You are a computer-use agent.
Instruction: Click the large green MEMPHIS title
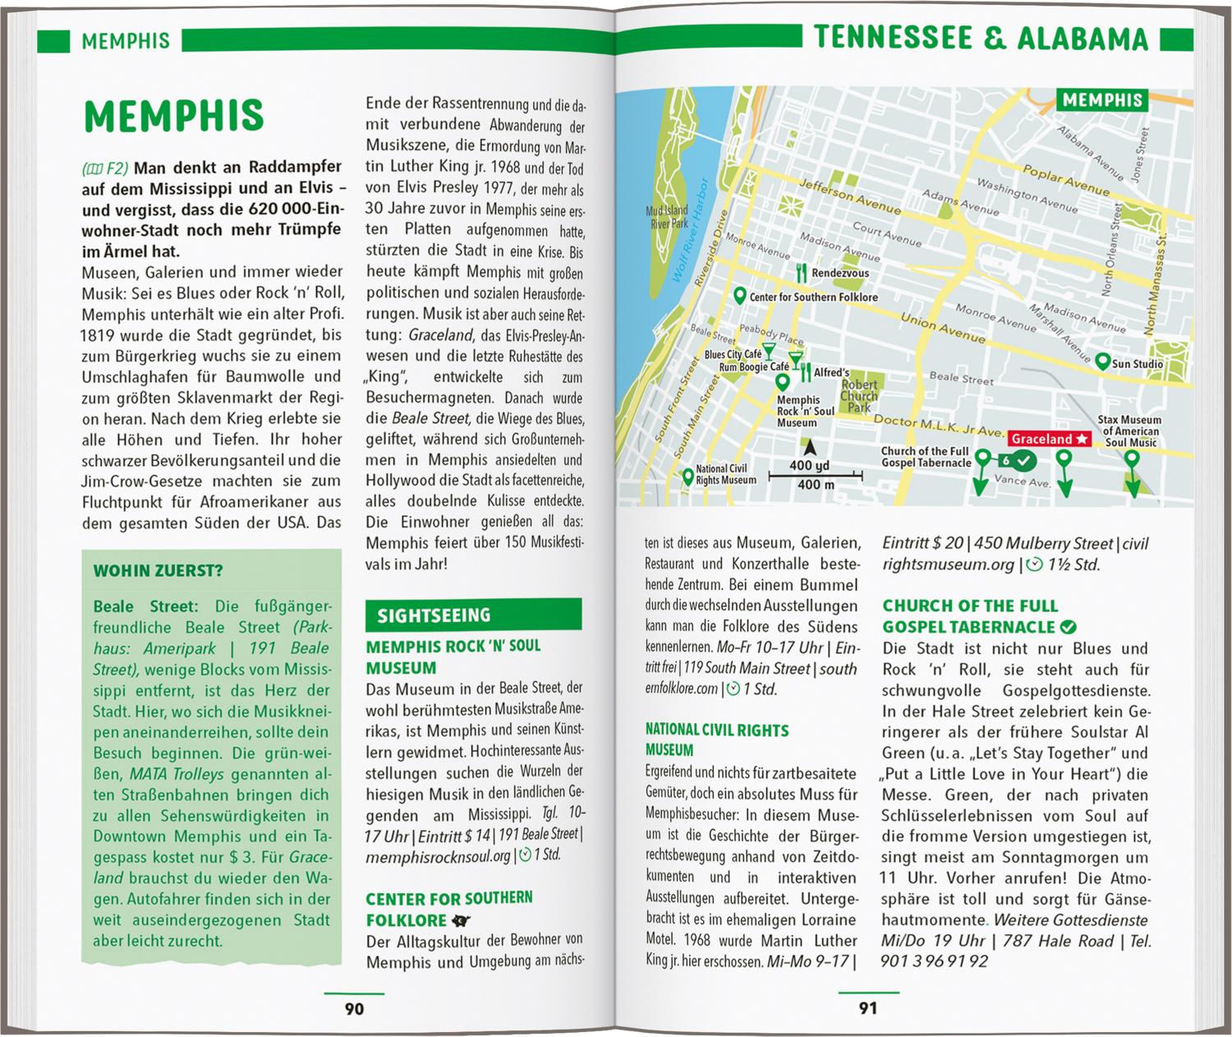[x=174, y=117]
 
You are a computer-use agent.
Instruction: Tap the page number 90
[x=354, y=1008]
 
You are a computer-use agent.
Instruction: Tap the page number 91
[x=868, y=1008]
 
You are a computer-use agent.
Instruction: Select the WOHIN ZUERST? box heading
[x=158, y=571]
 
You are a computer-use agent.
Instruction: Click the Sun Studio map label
[x=1137, y=363]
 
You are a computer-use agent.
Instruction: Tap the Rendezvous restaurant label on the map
[x=839, y=273]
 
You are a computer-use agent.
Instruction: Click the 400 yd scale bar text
[x=809, y=465]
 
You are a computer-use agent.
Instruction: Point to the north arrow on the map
[x=810, y=447]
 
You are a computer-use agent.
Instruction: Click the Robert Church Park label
[x=859, y=395]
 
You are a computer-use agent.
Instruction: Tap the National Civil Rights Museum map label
[x=725, y=475]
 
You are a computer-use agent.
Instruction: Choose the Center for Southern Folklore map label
[x=813, y=297]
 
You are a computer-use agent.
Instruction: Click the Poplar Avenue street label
[x=1065, y=179]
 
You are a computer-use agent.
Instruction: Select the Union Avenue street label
[x=942, y=327]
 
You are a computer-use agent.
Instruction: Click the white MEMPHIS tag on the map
[x=1102, y=100]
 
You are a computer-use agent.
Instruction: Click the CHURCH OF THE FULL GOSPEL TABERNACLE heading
[x=970, y=616]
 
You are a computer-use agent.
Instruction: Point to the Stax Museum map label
[x=1131, y=431]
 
